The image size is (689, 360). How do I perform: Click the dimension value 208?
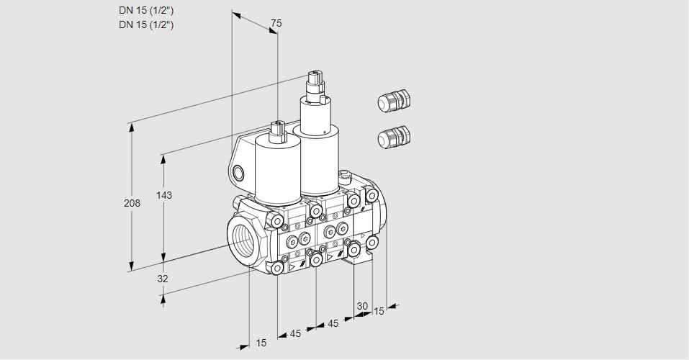pos(132,203)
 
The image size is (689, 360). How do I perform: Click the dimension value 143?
pos(164,195)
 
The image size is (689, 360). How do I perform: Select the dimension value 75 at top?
pos(276,23)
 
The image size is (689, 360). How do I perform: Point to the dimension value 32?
pos(163,279)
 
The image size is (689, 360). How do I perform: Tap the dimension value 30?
pos(362,306)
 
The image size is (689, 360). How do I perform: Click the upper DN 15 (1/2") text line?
pos(146,11)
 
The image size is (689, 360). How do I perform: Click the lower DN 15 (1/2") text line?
pos(146,24)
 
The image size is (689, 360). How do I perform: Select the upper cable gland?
pos(394,100)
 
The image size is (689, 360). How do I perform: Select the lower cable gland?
pos(394,137)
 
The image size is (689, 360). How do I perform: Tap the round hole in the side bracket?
pos(238,173)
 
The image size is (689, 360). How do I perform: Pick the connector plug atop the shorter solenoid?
pos(278,132)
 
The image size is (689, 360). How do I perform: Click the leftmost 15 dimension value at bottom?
pos(261,343)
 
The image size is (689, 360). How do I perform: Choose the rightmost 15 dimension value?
pos(379,311)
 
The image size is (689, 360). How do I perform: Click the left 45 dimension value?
pos(295,333)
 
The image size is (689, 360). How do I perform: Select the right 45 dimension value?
pos(333,323)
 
